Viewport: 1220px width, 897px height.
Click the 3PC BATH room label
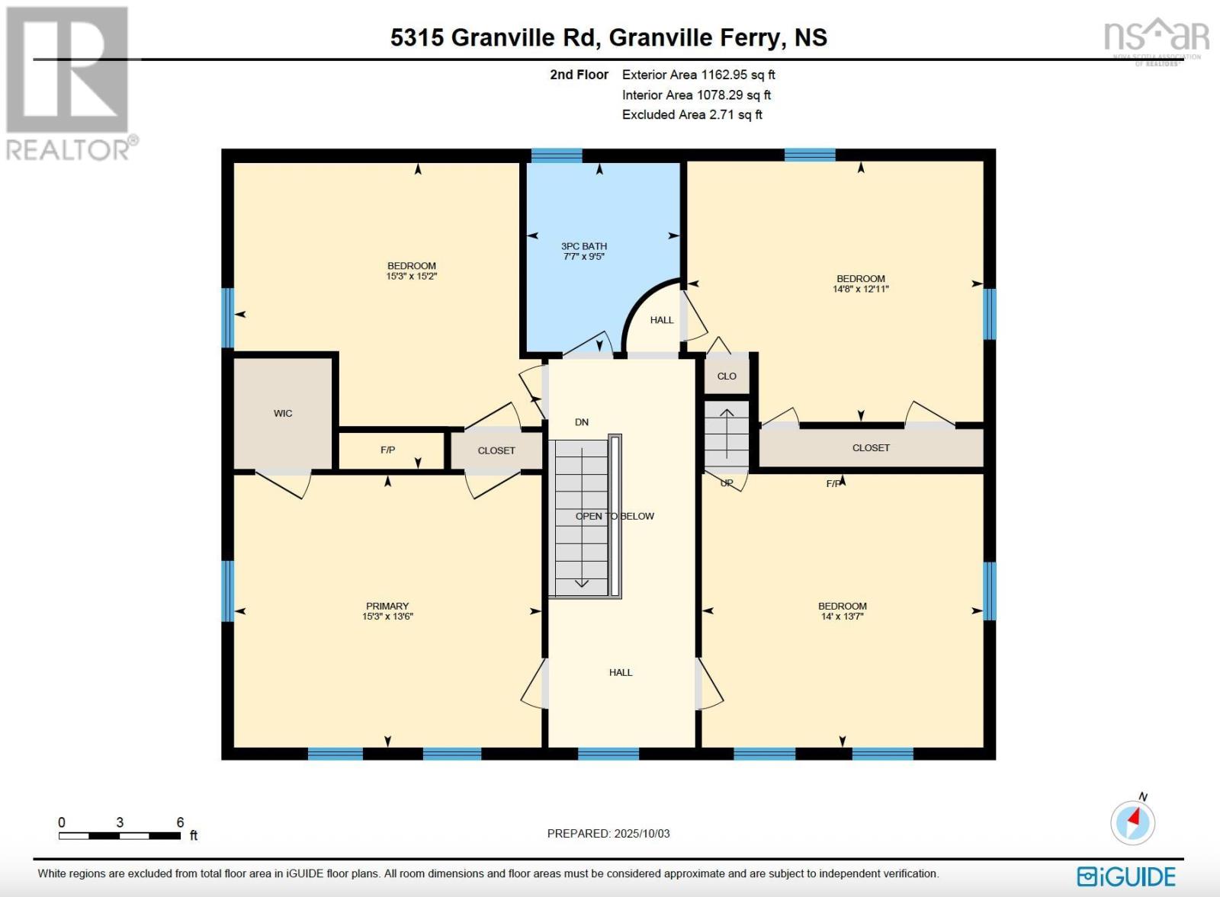(x=584, y=246)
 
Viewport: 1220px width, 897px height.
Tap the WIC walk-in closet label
(x=283, y=413)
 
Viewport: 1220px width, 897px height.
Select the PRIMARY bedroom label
(x=387, y=607)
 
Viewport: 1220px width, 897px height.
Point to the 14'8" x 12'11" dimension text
(x=861, y=289)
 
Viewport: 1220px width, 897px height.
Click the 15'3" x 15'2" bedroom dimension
(x=412, y=276)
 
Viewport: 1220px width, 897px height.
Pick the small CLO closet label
(x=727, y=376)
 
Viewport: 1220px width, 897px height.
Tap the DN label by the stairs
(x=582, y=422)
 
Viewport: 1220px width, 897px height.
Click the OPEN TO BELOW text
(x=615, y=516)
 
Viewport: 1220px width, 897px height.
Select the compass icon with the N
(x=1133, y=822)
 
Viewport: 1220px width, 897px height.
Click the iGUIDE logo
(x=1126, y=876)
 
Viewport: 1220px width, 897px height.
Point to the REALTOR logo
(x=70, y=84)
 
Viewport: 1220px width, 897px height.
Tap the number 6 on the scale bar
(x=181, y=822)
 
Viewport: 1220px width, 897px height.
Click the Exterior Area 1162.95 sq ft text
(x=698, y=75)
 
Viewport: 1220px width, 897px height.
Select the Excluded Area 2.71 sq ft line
(x=692, y=114)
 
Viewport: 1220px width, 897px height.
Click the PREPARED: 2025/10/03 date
(x=608, y=834)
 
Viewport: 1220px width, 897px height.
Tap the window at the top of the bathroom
(x=557, y=155)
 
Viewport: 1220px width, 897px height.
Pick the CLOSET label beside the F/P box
(x=496, y=450)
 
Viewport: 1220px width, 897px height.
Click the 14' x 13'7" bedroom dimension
(x=843, y=617)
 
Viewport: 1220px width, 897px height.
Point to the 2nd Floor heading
(x=579, y=75)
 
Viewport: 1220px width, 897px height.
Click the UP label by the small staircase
(x=727, y=483)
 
